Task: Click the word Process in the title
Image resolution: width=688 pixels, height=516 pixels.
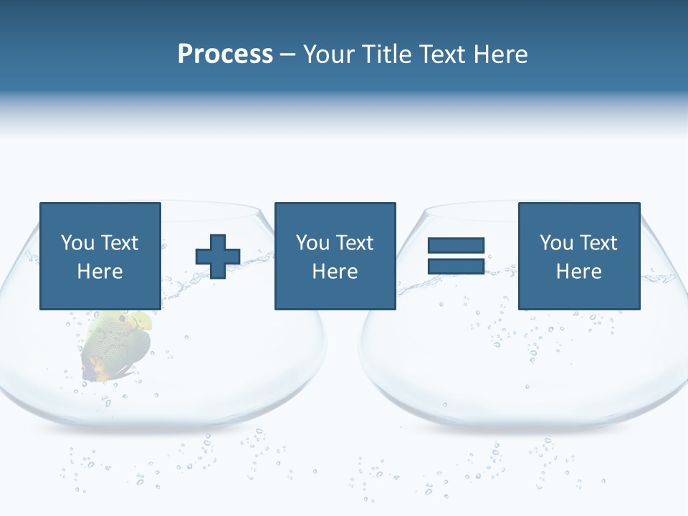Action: click(225, 54)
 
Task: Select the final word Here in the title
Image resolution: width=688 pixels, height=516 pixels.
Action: click(500, 54)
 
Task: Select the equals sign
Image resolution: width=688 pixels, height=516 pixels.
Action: click(456, 256)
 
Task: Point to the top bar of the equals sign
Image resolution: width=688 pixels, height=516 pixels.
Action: click(456, 246)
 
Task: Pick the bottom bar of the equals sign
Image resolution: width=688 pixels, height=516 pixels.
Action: click(456, 266)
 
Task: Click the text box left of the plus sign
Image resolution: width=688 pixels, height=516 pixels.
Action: click(100, 256)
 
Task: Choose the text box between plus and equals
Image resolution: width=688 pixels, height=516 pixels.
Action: click(335, 256)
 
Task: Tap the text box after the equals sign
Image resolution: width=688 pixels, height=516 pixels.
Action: click(578, 256)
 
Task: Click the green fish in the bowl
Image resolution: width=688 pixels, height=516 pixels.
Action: click(118, 344)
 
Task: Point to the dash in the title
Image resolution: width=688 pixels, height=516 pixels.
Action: click(287, 55)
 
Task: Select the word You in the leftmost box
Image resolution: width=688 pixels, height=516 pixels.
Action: click(77, 243)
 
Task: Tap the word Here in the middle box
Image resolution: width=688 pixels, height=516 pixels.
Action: click(335, 272)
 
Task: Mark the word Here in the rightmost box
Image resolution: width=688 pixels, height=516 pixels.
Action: click(578, 272)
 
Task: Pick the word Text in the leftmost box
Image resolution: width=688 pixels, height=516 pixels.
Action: click(119, 243)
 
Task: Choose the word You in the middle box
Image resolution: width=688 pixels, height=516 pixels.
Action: click(312, 243)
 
